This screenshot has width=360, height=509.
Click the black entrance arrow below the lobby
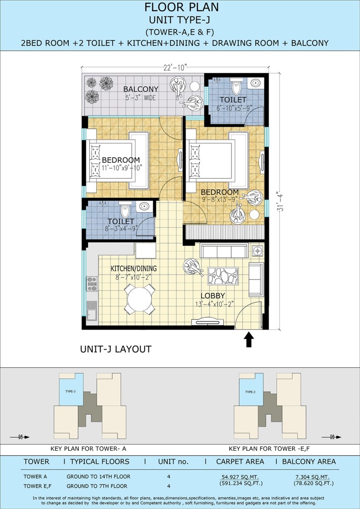coord(249,339)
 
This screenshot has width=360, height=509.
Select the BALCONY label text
coord(141,89)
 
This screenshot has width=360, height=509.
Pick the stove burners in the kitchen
coord(92,284)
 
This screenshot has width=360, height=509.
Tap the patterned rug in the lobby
coord(223,276)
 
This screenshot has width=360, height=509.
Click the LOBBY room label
coord(213,296)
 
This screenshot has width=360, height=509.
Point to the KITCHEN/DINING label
coord(134,268)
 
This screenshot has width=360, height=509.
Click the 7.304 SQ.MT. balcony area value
coord(313,477)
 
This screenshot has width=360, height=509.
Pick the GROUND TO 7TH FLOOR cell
coord(97,486)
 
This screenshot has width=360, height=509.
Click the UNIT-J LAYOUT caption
coord(116,349)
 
